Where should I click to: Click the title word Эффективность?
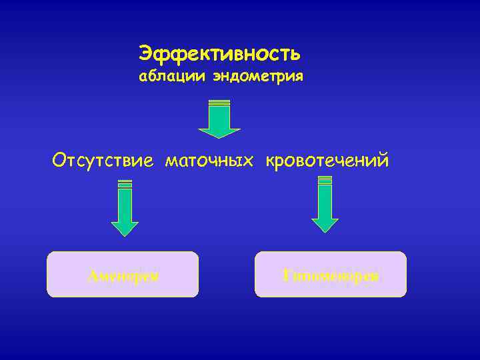[x=219, y=52]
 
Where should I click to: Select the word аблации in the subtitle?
[x=173, y=77]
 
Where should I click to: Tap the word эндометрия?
[x=258, y=77]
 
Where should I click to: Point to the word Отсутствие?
[x=103, y=161]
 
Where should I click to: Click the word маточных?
[x=210, y=161]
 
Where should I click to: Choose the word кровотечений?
[x=327, y=161]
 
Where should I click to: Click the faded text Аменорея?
[x=123, y=275]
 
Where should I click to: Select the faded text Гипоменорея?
[x=331, y=275]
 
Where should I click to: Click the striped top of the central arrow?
[x=219, y=103]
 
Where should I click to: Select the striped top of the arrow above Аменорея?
[x=125, y=184]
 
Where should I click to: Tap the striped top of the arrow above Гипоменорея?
[x=325, y=180]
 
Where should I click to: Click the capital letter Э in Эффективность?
[x=145, y=52]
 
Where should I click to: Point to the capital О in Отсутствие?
[x=59, y=161]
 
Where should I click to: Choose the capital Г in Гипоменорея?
[x=287, y=275]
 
